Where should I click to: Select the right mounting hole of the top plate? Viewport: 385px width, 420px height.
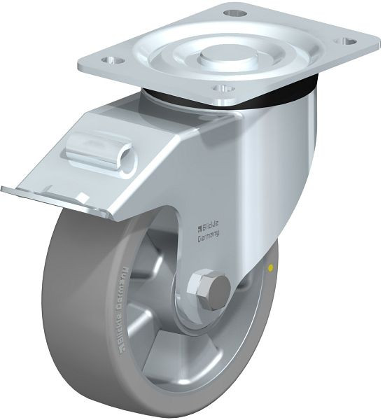pos(344,41)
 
